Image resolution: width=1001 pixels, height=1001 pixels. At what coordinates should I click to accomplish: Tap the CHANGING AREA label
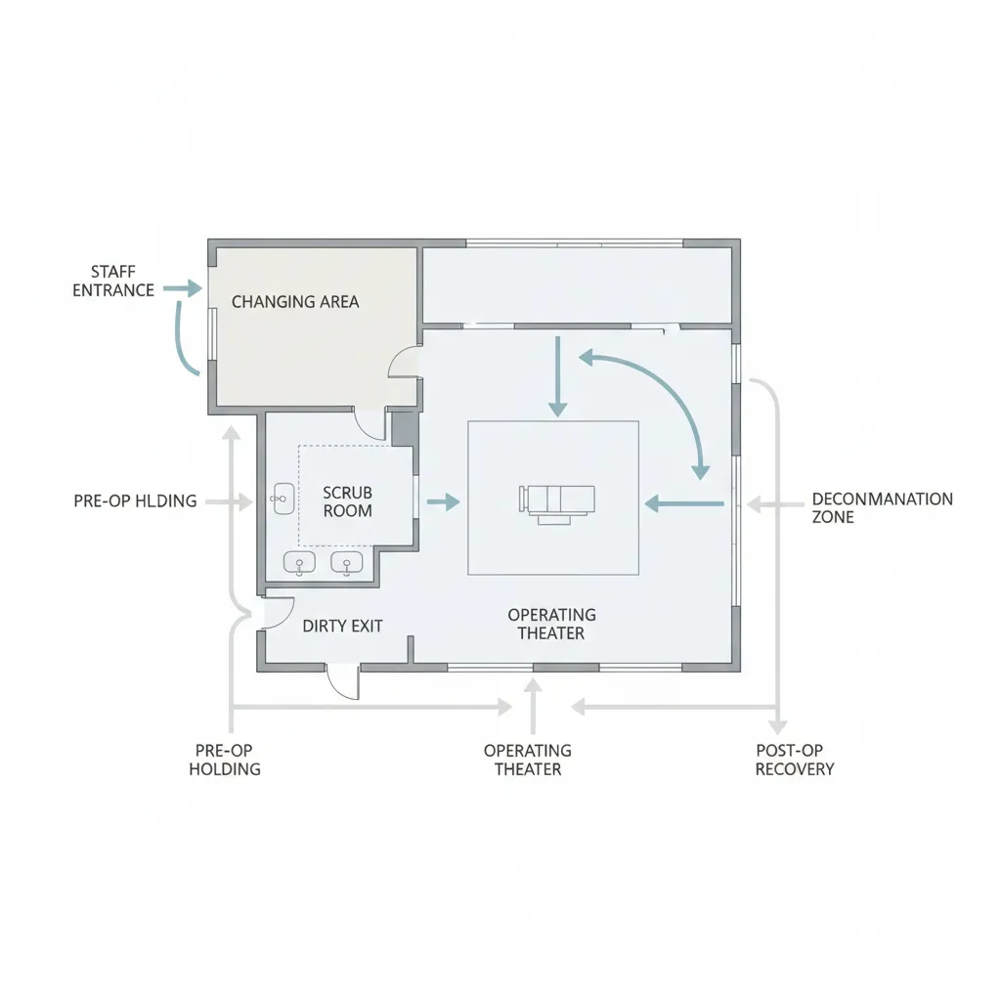point(295,302)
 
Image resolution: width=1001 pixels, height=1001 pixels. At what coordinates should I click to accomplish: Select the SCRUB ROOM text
point(347,501)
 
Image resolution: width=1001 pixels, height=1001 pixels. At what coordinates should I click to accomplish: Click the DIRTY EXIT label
point(342,626)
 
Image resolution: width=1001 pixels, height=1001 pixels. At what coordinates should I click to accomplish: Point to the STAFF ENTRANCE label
point(113,281)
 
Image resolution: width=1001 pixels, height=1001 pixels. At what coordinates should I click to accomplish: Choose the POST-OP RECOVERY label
point(795,760)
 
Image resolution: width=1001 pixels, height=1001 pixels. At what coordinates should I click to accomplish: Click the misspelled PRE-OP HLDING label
point(135,501)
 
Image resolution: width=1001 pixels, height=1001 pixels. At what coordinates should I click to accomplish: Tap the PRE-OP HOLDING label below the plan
point(225,760)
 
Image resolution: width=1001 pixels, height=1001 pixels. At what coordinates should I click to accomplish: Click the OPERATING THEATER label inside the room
point(551,624)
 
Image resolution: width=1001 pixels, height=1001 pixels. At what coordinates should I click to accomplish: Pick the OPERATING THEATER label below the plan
point(528,760)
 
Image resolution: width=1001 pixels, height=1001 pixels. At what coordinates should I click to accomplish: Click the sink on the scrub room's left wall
point(282,499)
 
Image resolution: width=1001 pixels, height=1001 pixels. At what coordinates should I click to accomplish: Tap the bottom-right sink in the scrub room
point(346,562)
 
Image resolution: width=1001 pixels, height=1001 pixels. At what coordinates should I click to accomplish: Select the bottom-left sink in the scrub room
point(299,562)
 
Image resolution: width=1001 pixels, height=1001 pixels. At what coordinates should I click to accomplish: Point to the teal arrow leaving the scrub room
point(444,502)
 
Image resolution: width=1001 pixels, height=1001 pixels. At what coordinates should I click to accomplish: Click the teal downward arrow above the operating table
point(557,377)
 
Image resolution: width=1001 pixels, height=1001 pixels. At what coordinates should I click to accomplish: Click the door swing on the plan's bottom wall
point(343,682)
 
